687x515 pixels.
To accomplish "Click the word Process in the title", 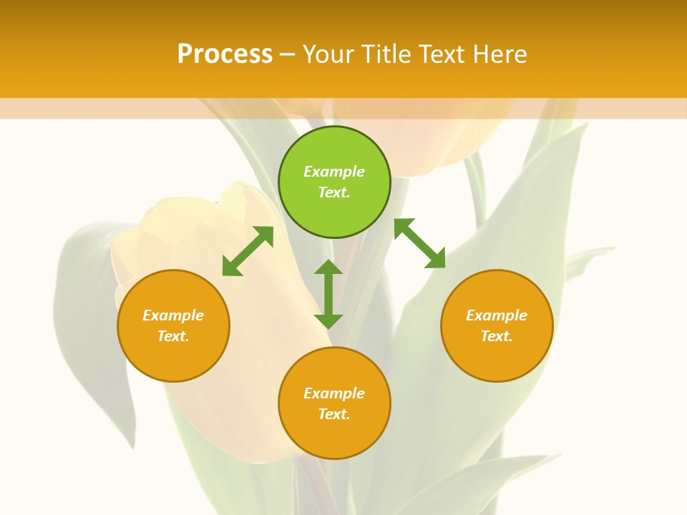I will [225, 54].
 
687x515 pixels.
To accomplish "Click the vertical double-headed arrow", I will [328, 294].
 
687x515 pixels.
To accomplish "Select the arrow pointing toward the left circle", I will [248, 251].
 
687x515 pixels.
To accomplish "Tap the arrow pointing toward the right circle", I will [419, 243].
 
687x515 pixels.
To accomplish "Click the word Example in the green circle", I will [334, 172].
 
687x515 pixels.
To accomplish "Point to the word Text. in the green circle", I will [334, 192].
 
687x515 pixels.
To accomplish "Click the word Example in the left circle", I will [173, 315].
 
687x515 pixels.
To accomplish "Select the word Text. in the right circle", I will [497, 336].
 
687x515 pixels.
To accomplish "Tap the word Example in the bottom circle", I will [334, 393].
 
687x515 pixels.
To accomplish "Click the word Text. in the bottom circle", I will [334, 414].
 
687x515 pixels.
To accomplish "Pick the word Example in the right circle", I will [497, 315].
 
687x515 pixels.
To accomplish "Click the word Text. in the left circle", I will [173, 336].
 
